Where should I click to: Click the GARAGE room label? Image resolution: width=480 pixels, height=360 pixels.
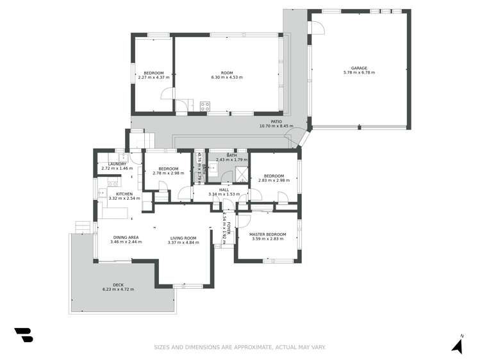click(359, 68)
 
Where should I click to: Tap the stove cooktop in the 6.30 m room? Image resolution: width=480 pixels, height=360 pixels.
click(205, 107)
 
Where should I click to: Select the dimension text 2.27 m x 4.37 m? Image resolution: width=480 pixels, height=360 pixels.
click(153, 78)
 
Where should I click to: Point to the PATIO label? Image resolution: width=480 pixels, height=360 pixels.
click(276, 121)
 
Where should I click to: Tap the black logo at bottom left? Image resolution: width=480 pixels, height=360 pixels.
click(23, 335)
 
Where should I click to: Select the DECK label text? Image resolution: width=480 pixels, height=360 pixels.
click(118, 285)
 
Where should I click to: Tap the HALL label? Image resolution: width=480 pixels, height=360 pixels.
click(224, 190)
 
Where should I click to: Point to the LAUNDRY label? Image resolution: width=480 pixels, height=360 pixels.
click(117, 164)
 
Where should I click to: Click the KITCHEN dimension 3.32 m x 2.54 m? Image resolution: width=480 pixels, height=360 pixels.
click(124, 199)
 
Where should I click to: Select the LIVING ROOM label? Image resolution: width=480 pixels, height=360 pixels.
click(181, 238)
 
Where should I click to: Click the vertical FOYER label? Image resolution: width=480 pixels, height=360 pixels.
click(228, 229)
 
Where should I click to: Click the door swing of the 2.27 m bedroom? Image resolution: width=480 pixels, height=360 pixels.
click(167, 94)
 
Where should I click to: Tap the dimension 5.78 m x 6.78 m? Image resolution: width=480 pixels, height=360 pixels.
click(359, 73)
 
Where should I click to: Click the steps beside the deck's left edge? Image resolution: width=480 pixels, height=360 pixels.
click(82, 227)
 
